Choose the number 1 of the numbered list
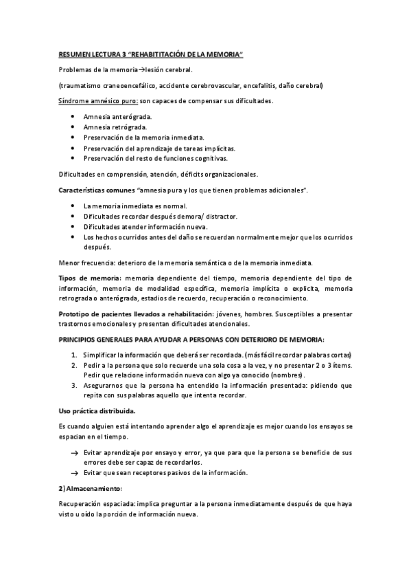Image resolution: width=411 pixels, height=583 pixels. [x=74, y=354]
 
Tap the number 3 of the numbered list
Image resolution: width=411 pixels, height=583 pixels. [x=74, y=386]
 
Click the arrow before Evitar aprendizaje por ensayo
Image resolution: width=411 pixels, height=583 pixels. [x=74, y=453]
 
